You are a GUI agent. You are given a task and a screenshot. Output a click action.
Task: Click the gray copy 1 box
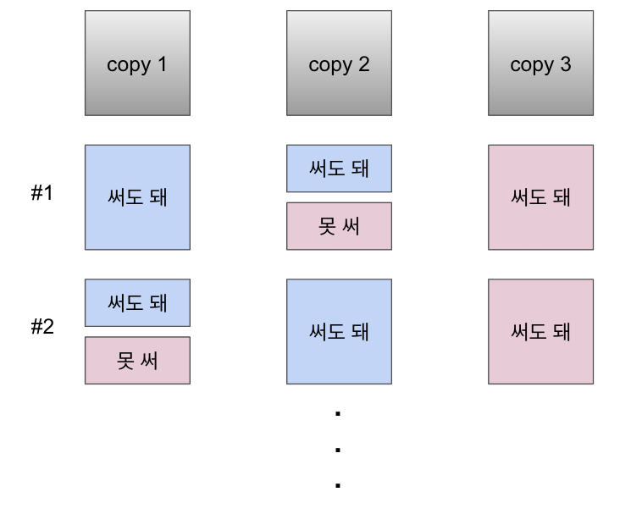[137, 63]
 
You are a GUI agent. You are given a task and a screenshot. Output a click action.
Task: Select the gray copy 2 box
[339, 63]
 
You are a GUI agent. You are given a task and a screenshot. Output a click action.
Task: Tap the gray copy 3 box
[540, 63]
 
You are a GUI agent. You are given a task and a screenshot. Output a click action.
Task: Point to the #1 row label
[42, 193]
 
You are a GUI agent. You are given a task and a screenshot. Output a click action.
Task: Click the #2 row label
[42, 327]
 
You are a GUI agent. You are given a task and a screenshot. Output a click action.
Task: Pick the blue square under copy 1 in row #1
[137, 197]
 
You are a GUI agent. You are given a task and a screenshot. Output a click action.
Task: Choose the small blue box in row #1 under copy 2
[339, 169]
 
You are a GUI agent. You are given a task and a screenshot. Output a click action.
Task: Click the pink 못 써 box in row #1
[339, 226]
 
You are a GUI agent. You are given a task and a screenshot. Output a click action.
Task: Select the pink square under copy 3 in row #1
[540, 197]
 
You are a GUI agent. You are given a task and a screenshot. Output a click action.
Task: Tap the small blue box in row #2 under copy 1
[137, 303]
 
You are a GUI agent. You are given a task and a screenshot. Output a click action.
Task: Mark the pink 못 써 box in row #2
[137, 361]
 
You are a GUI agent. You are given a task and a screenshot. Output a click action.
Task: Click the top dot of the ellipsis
[338, 413]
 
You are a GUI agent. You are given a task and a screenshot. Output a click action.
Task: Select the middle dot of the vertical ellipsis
[338, 450]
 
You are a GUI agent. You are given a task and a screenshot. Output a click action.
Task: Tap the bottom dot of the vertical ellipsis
[338, 486]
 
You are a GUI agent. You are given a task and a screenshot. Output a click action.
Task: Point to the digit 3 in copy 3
[565, 65]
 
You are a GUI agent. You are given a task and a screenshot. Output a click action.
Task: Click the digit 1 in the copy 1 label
[161, 65]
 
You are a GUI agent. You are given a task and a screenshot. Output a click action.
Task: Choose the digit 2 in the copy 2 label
[363, 65]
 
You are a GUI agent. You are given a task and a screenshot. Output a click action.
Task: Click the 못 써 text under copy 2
[339, 227]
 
